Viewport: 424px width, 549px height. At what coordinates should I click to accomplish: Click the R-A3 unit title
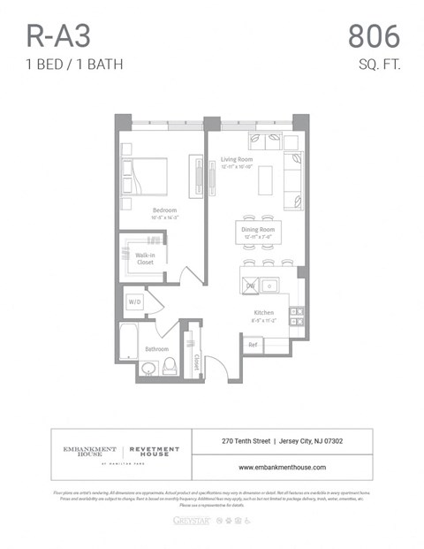58,36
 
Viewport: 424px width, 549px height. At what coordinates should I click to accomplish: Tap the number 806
374,36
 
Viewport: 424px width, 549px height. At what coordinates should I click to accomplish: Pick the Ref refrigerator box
253,344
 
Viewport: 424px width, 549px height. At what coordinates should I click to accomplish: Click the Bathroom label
156,349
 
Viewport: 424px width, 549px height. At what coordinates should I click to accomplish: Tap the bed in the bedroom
144,175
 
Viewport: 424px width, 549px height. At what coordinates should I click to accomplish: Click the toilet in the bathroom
169,366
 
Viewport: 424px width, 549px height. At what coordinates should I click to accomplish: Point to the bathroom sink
148,368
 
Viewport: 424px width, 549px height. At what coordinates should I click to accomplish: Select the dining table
258,233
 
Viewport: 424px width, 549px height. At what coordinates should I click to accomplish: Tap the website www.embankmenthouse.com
282,467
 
